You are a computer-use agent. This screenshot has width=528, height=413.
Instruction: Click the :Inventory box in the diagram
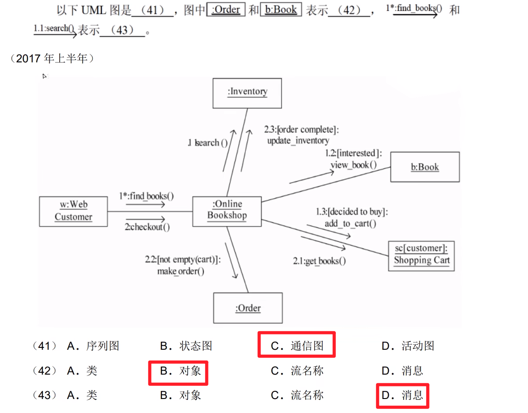coord(247,93)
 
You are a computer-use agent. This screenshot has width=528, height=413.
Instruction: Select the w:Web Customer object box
coord(73,211)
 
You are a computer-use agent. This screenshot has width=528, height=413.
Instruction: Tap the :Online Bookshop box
coord(227,210)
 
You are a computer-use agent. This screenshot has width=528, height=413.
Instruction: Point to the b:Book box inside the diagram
coord(425,167)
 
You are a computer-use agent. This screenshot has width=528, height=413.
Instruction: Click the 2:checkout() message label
coord(147,227)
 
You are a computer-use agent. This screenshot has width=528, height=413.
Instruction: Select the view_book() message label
coord(354,165)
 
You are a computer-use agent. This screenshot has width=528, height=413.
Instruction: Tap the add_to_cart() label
coord(350,223)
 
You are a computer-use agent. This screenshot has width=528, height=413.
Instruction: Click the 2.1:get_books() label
coord(319,261)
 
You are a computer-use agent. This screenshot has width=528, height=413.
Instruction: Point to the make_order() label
coord(181,272)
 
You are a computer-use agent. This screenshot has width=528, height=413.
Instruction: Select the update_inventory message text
coord(298,141)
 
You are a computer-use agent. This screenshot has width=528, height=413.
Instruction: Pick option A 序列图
coord(93,346)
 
